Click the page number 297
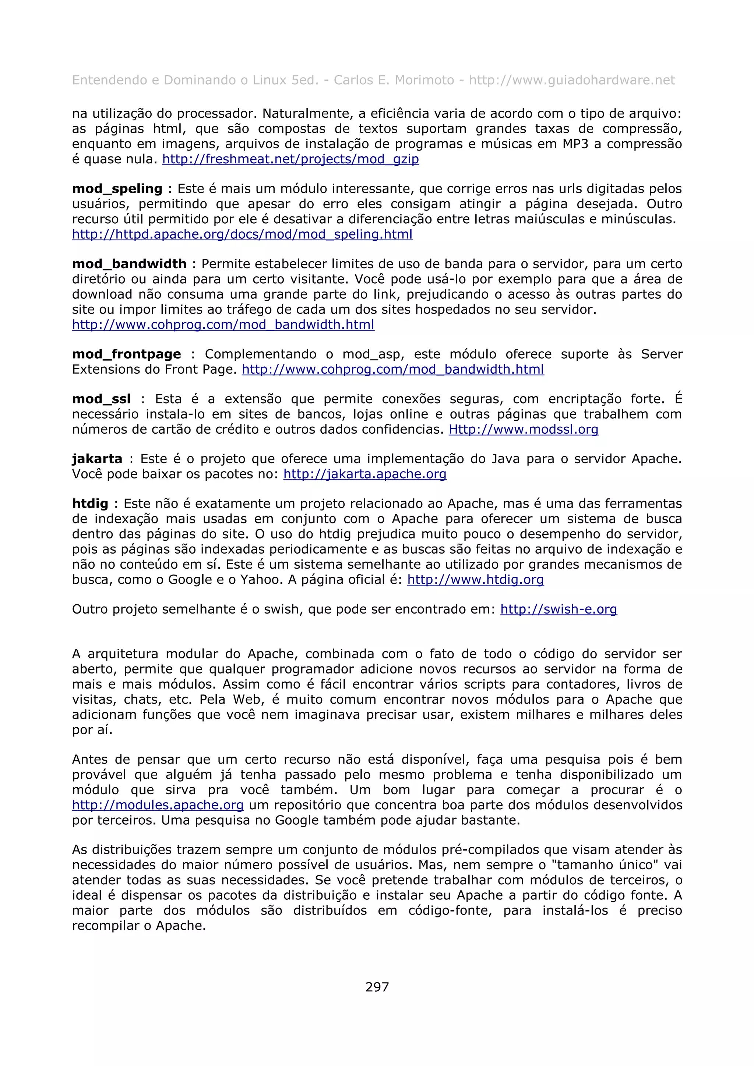click(377, 987)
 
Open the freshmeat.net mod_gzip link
click(290, 159)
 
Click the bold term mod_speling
click(117, 188)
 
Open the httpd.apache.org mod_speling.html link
click(242, 234)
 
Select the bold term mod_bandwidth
click(129, 264)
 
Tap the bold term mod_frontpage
click(126, 354)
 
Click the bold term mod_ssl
click(101, 399)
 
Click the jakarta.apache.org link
click(365, 474)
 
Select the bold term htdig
click(90, 504)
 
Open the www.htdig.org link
click(475, 579)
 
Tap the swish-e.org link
click(559, 609)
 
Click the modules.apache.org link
click(158, 805)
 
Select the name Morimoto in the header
click(424, 80)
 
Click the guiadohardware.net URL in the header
click(572, 80)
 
